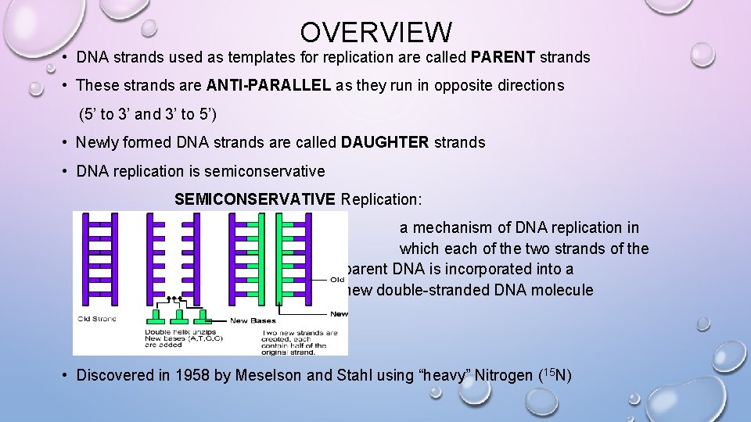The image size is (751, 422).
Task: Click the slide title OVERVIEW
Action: click(x=375, y=32)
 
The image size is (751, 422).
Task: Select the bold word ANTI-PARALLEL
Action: click(x=268, y=86)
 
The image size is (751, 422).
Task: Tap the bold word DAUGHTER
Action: click(x=385, y=143)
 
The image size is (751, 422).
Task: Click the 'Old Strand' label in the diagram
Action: click(x=96, y=319)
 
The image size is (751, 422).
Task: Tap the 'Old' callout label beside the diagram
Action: click(x=337, y=279)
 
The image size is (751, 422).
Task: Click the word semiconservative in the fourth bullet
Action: click(x=270, y=171)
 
